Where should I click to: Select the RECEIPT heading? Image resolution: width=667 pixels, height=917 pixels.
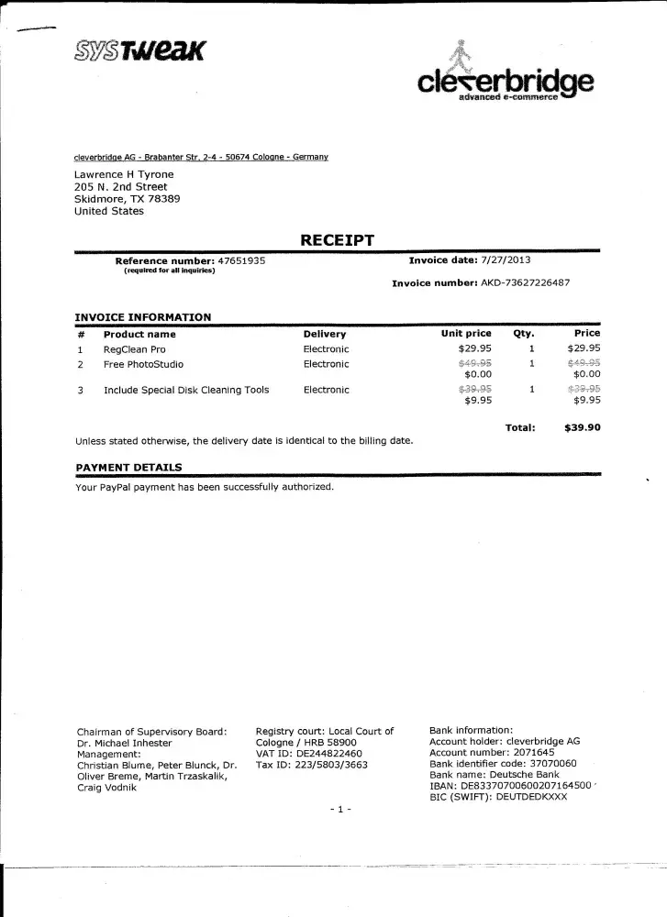(338, 240)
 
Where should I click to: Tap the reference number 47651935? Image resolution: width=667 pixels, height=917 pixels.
(241, 260)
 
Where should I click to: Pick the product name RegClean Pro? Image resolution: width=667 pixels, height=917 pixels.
(134, 349)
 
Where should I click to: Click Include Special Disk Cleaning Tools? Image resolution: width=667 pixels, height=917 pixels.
(186, 390)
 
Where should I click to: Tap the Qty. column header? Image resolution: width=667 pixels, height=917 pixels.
(523, 334)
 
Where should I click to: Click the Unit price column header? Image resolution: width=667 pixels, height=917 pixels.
(466, 334)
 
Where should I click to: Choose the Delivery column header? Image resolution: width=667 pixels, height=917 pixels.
(324, 335)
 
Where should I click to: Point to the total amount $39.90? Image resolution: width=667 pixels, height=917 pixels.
(583, 426)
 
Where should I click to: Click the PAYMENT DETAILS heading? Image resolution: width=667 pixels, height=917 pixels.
(128, 468)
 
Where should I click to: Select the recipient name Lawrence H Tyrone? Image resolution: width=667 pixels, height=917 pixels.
(124, 174)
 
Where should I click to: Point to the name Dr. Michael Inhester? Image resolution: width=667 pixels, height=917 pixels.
(125, 743)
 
